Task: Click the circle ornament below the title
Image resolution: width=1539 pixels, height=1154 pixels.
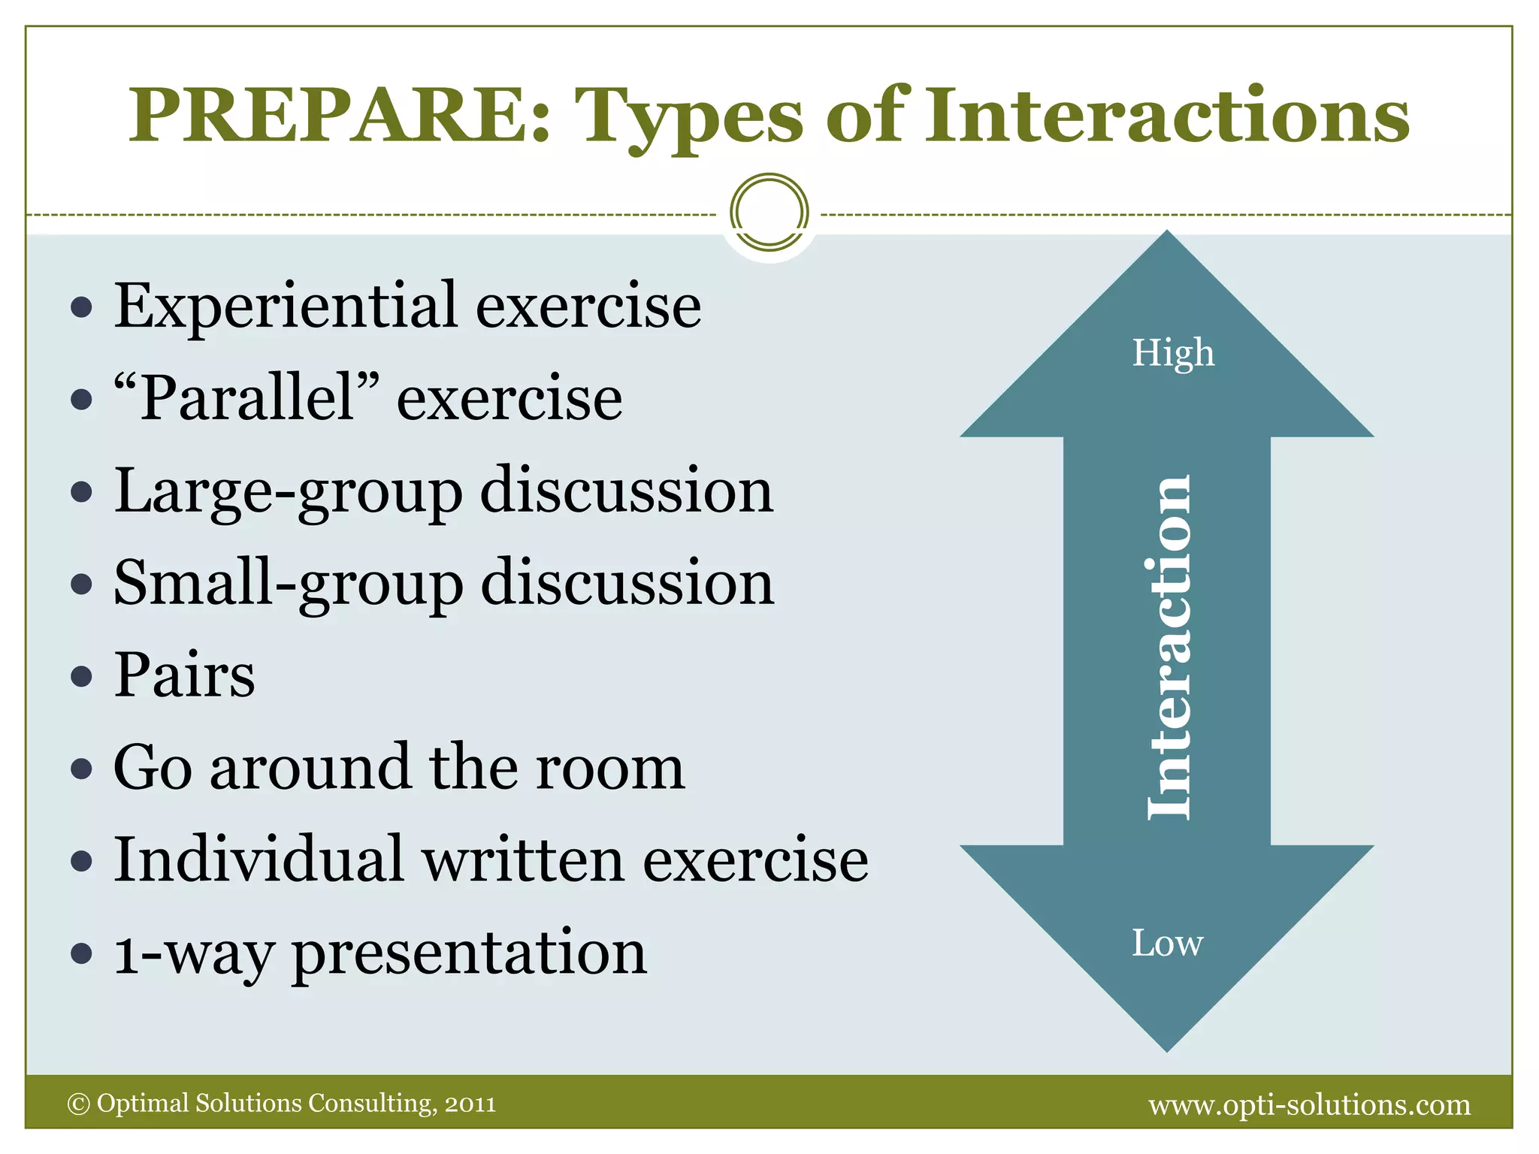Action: click(x=769, y=213)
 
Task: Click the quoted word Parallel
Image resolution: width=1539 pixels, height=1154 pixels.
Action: click(x=246, y=398)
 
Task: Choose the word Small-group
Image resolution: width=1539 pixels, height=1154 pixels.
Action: click(x=288, y=585)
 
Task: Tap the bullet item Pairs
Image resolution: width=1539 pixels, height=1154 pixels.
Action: click(x=184, y=675)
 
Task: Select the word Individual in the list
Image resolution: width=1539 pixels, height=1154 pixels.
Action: click(x=259, y=859)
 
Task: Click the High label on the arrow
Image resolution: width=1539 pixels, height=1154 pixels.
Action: click(x=1172, y=353)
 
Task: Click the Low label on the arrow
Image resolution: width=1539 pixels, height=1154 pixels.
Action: click(x=1167, y=944)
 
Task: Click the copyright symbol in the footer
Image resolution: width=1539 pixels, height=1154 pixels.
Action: click(x=78, y=1104)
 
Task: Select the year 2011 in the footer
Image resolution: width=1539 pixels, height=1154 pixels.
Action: click(x=470, y=1104)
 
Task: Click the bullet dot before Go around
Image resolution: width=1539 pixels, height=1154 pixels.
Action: click(x=81, y=769)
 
